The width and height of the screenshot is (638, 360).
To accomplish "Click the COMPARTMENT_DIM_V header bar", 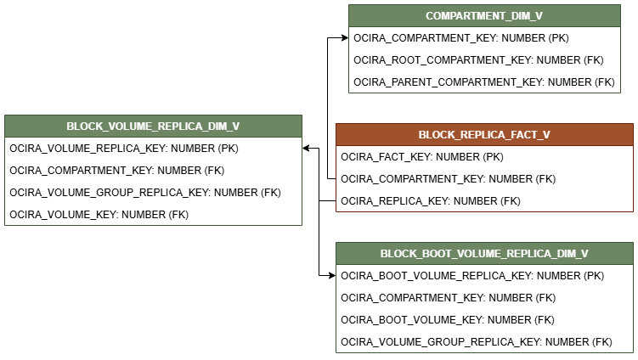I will coord(484,15).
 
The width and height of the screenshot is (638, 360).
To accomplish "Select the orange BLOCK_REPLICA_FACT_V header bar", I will coord(484,134).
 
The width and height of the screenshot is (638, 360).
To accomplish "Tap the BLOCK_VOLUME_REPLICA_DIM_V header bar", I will coord(153,126).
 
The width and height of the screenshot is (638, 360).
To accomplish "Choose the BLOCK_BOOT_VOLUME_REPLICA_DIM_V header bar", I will coord(484,253).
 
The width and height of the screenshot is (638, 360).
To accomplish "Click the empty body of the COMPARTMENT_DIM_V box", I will coord(484,59).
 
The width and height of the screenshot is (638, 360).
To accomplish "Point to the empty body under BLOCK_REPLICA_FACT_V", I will coord(484,178).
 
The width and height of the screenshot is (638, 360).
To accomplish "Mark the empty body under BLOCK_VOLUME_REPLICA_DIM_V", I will coord(153,181).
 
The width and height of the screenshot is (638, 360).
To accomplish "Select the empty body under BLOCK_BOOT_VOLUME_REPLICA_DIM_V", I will coord(484,308).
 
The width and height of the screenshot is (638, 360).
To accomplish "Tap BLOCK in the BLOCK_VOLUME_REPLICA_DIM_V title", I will coord(83,127).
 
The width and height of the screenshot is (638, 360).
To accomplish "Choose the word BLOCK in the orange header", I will coord(436,135).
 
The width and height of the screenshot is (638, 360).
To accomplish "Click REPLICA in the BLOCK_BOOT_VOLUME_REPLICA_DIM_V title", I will coord(524,254).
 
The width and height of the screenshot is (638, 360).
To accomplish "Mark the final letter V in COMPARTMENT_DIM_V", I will coord(539,16).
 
